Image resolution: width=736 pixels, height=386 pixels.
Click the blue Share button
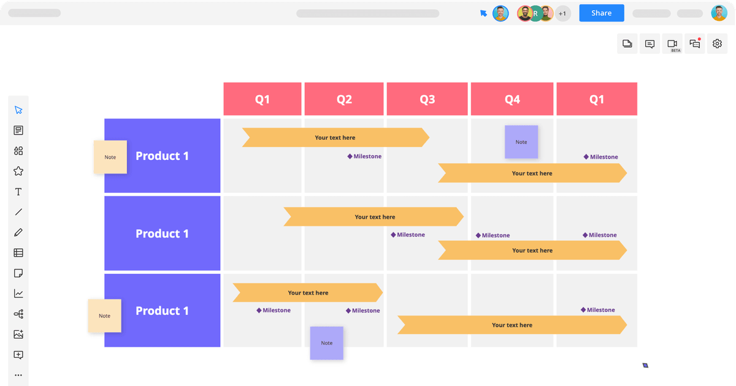[601, 13]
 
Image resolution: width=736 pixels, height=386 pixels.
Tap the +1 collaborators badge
[562, 13]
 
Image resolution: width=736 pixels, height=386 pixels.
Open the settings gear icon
[717, 44]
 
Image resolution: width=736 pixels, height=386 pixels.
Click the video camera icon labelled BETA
[672, 44]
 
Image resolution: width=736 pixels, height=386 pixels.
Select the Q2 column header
[344, 99]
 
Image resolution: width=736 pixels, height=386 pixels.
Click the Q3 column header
[427, 99]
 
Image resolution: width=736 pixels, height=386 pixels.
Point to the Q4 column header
[512, 99]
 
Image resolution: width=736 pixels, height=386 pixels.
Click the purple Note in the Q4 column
[521, 142]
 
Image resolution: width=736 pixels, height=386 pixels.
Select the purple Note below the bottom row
[326, 343]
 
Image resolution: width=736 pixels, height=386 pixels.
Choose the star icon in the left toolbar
[18, 171]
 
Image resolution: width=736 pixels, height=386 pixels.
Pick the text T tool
[18, 192]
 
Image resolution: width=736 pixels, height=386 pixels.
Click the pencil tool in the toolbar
[18, 232]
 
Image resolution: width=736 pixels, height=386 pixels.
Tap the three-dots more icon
[18, 375]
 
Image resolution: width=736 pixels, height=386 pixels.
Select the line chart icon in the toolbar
[18, 293]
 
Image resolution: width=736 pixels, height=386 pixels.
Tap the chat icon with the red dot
[695, 44]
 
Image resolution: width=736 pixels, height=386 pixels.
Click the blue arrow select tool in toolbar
[18, 110]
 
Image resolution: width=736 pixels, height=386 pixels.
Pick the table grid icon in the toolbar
[18, 252]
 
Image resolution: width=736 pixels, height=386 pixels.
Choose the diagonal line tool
[18, 212]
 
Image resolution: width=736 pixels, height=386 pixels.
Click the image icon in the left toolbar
[18, 335]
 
